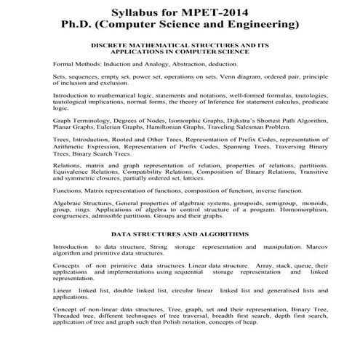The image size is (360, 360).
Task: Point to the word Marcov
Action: [293, 247]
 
